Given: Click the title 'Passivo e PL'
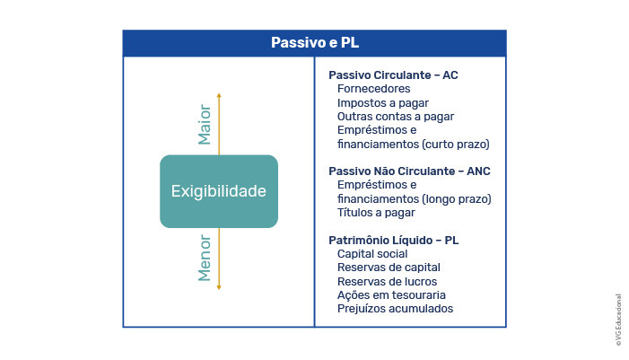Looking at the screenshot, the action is [315, 42].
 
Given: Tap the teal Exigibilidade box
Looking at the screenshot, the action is [219, 191].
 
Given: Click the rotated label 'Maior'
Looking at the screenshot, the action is [205, 125].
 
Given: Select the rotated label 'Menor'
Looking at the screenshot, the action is [205, 258].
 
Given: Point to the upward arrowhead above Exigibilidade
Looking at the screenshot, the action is [219, 95].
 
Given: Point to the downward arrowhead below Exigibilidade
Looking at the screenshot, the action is [219, 287].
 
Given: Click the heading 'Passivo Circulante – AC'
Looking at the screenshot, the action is [393, 75].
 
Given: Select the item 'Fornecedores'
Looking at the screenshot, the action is [374, 89].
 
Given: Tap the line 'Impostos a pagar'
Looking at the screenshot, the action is [383, 103].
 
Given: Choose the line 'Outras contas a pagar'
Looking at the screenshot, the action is [396, 117].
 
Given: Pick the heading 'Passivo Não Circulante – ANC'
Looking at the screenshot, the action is [409, 171].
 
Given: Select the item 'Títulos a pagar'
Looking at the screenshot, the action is [376, 213].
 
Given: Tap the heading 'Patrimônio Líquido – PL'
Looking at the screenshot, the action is [394, 241].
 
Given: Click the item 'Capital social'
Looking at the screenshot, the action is [372, 254].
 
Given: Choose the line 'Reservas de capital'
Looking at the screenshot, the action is [389, 268].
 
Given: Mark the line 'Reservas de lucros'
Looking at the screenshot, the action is [387, 282].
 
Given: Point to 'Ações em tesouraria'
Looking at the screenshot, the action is [391, 295].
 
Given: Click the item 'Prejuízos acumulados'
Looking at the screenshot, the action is [395, 309].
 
